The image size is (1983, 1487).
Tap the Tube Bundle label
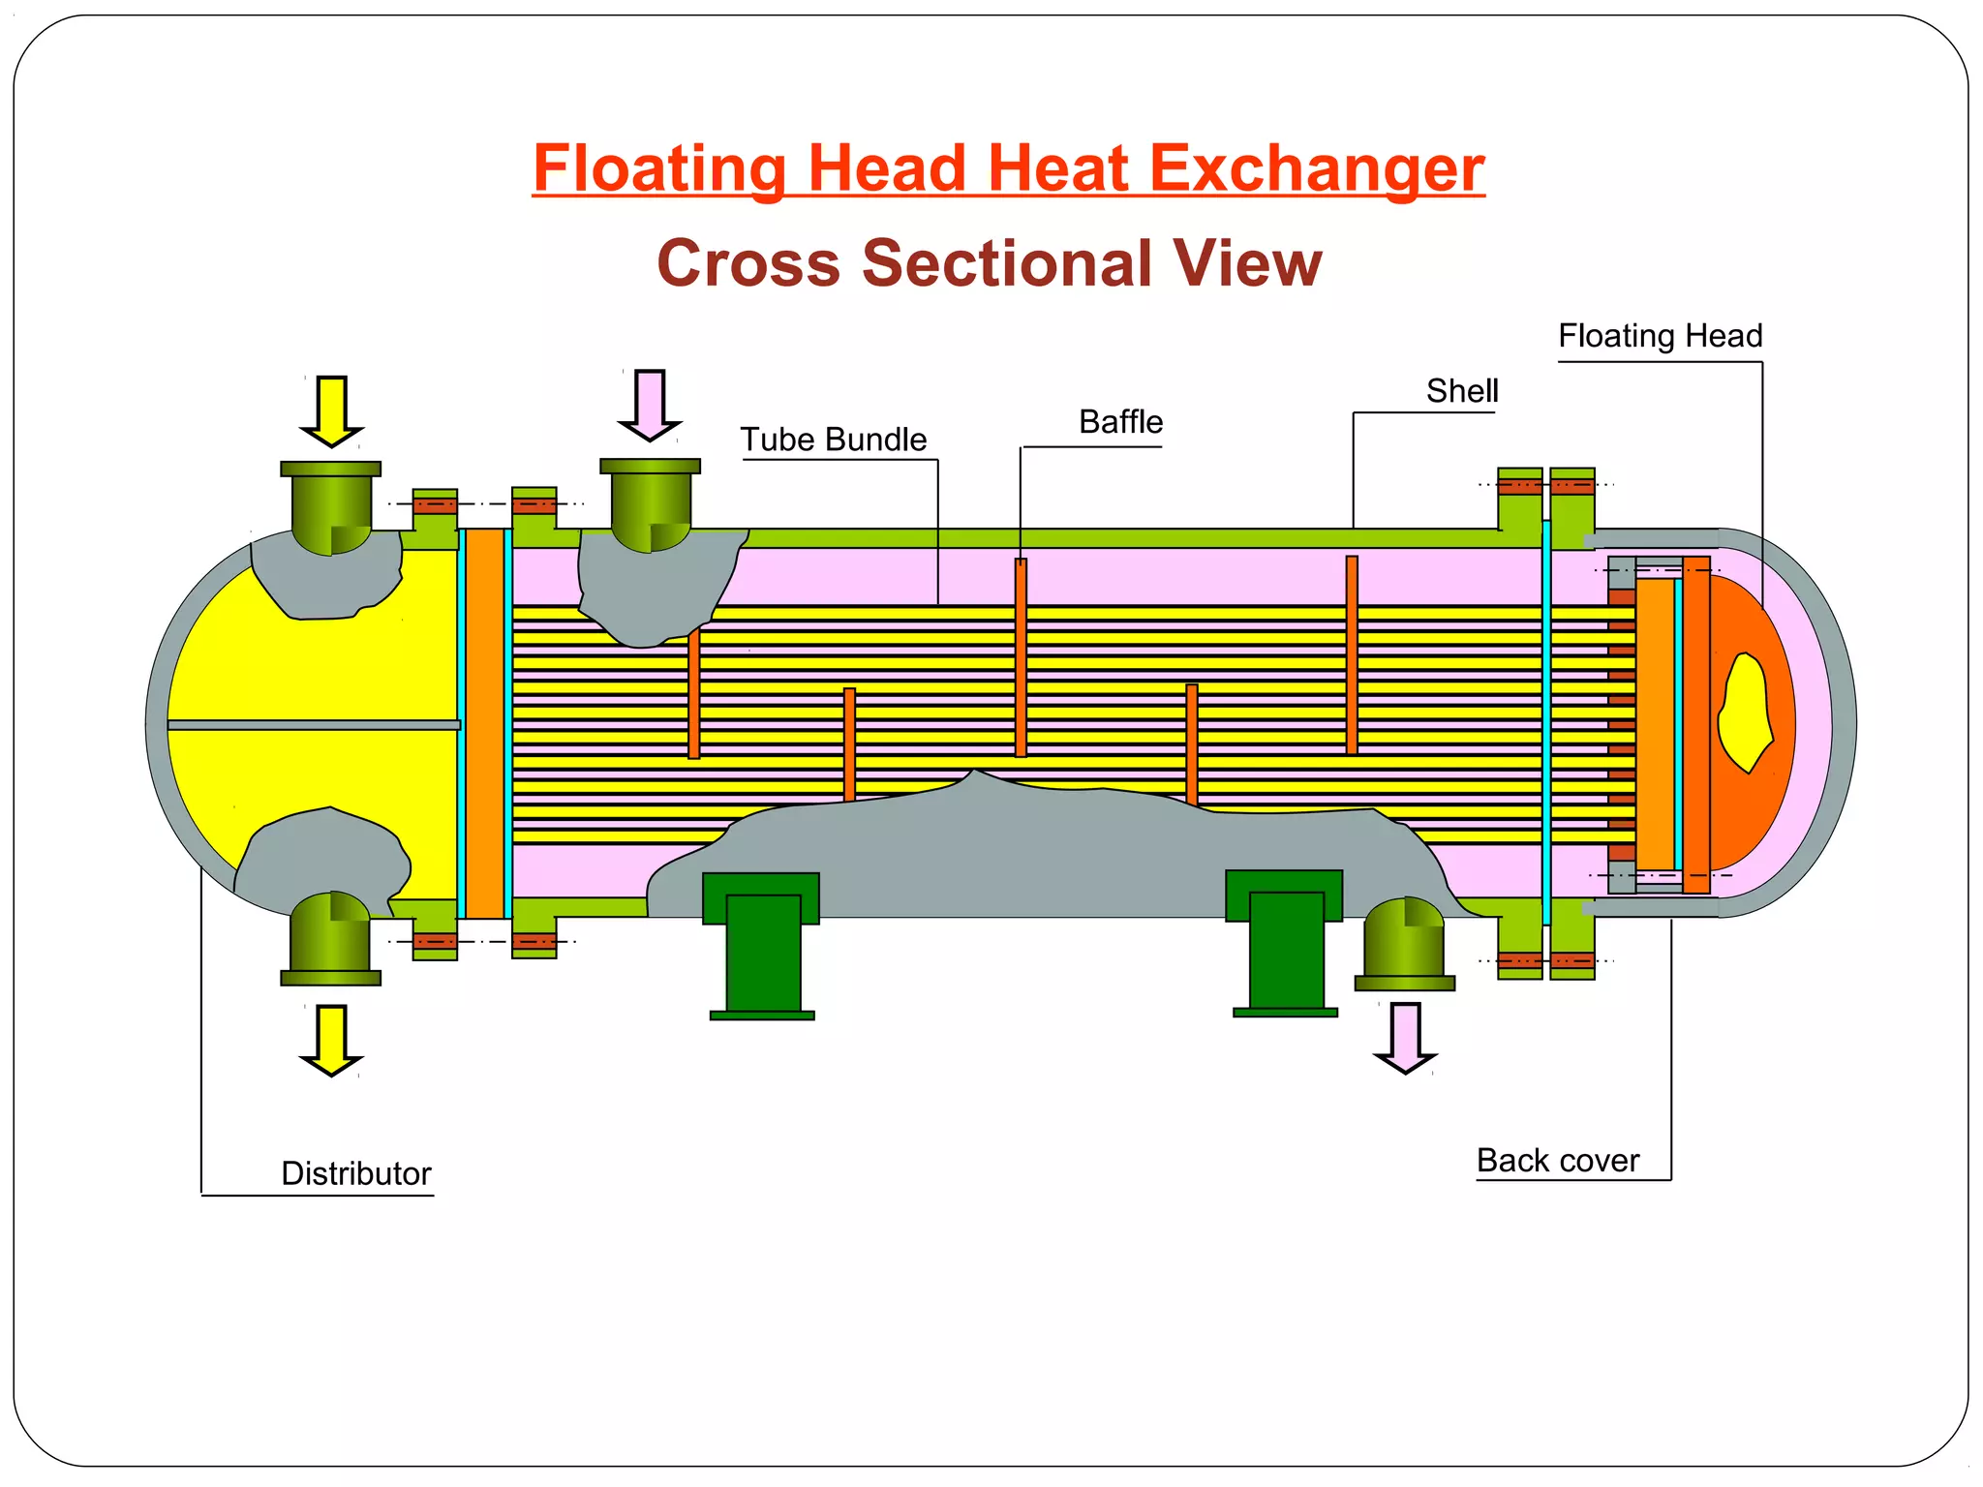834,440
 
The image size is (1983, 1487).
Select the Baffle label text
1120,422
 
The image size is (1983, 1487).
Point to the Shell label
1461,391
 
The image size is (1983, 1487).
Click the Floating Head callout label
1660,336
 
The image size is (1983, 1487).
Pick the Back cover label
1557,1160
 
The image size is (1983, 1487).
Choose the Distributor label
355,1173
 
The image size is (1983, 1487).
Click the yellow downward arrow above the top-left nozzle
331,410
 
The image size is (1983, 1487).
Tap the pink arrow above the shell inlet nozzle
650,405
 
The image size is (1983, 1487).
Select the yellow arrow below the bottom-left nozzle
331,1039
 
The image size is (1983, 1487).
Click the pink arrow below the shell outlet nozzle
1405,1037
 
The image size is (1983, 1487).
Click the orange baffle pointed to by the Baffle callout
1021,658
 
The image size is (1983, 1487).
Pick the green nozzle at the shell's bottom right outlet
1404,944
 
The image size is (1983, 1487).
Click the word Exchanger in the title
1317,168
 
